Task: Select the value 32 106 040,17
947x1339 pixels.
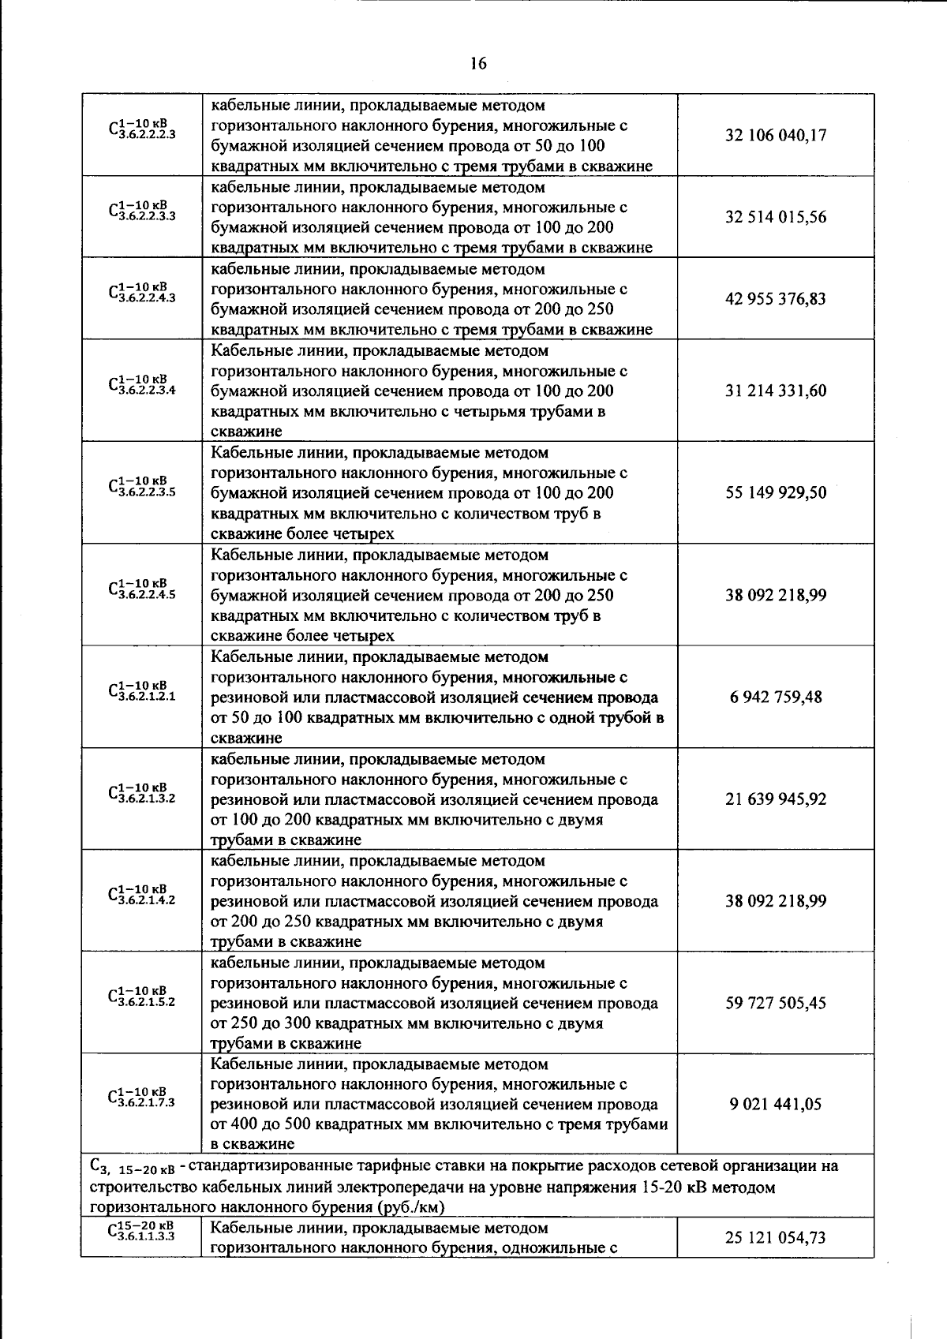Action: pyautogui.click(x=776, y=135)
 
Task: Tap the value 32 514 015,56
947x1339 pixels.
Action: pyautogui.click(x=776, y=217)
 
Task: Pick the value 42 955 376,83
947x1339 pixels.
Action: pyautogui.click(x=776, y=299)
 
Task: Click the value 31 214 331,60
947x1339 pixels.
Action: pyautogui.click(x=776, y=391)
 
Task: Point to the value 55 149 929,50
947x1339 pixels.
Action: pyautogui.click(x=776, y=492)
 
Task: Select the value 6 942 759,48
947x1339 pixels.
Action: pyautogui.click(x=776, y=697)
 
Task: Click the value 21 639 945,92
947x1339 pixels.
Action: pyautogui.click(x=776, y=799)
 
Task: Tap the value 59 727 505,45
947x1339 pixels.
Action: pyautogui.click(x=776, y=1003)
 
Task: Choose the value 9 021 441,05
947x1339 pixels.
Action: pyautogui.click(x=776, y=1104)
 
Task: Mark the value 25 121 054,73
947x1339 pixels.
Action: pyautogui.click(x=776, y=1237)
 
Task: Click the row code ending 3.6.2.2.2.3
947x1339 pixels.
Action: pyautogui.click(x=142, y=129)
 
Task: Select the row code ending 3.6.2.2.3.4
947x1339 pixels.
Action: pyautogui.click(x=142, y=385)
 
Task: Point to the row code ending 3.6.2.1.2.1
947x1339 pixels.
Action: pyautogui.click(x=142, y=691)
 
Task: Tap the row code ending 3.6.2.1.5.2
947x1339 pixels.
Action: pyautogui.click(x=142, y=997)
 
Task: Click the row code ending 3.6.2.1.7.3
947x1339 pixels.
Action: pyautogui.click(x=142, y=1098)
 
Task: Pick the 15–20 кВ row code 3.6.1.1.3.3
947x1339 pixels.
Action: pyautogui.click(x=142, y=1232)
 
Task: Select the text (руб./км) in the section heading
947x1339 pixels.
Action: pyautogui.click(x=411, y=1207)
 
